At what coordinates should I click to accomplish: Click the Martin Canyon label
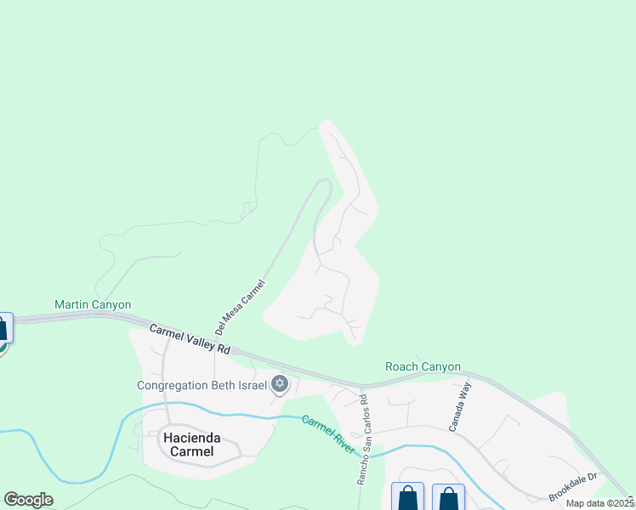pyautogui.click(x=93, y=304)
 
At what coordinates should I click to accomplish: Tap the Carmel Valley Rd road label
pyautogui.click(x=190, y=338)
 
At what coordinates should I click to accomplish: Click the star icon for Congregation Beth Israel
pyautogui.click(x=280, y=385)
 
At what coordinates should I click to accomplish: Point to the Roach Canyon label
pyautogui.click(x=423, y=367)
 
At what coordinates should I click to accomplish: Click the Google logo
pyautogui.click(x=28, y=500)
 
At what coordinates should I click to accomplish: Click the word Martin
pyautogui.click(x=73, y=304)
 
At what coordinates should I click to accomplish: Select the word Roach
pyautogui.click(x=402, y=367)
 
